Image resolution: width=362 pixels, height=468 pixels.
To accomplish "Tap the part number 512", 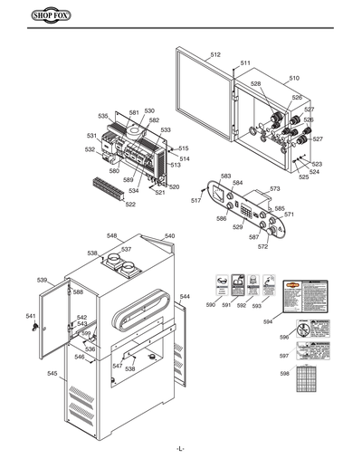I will (215, 56).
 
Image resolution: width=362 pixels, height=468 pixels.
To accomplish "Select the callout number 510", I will (293, 79).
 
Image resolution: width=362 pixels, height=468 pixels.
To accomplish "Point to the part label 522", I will (130, 205).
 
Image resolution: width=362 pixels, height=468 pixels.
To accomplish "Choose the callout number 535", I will (103, 116).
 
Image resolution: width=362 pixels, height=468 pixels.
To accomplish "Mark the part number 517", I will (195, 200).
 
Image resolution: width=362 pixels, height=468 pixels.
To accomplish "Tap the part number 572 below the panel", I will (262, 245).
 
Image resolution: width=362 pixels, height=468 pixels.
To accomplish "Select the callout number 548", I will (112, 235).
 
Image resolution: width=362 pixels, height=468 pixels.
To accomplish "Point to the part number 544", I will (185, 297).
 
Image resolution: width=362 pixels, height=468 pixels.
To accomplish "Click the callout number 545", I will (52, 373).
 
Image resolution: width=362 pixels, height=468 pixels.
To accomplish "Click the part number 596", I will (284, 337).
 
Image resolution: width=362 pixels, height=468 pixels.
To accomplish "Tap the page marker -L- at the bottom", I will (181, 450).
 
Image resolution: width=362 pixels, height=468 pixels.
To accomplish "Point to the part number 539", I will (42, 281).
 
